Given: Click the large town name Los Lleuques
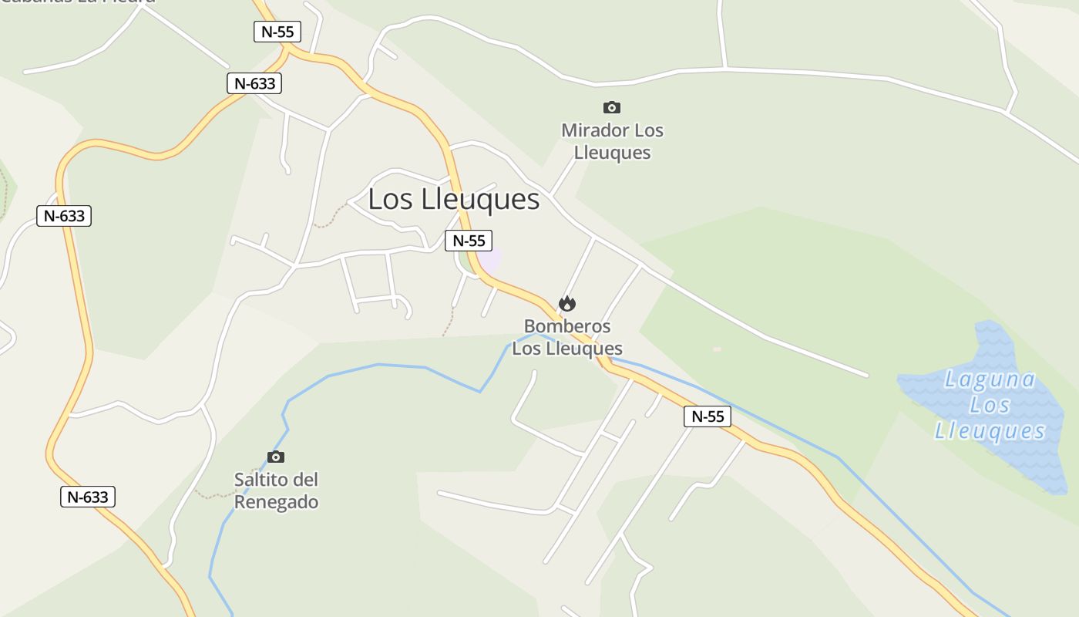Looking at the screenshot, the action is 453,199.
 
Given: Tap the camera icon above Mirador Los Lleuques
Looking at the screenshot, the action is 612,107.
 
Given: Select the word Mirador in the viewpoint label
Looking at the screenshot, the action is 590,130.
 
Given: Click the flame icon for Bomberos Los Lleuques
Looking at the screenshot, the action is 567,304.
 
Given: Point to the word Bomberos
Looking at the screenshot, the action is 567,326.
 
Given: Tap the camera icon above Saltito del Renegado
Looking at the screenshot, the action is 276,457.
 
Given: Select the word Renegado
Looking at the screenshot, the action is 276,501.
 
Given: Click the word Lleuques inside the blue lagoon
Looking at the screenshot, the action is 990,430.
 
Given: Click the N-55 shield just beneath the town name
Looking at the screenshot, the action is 469,240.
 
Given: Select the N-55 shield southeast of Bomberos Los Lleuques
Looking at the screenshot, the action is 707,416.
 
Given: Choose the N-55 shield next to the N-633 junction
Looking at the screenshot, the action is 277,32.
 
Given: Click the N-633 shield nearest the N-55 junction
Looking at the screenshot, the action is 254,83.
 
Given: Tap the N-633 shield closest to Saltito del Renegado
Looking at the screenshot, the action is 87,497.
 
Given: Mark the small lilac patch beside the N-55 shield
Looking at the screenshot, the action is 491,260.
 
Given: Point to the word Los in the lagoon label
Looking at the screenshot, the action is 990,404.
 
